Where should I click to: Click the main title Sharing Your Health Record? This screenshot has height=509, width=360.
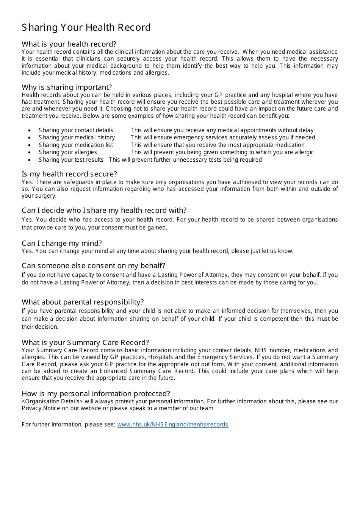[86, 28]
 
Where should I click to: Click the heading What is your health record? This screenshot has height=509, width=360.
[69, 44]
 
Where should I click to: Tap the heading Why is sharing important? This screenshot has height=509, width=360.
[67, 87]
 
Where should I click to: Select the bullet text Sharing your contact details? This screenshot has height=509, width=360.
[76, 130]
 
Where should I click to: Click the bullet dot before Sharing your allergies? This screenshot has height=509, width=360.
[30, 153]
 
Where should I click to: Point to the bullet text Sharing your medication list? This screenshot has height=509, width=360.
[76, 145]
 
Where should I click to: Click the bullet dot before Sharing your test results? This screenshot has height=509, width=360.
[30, 160]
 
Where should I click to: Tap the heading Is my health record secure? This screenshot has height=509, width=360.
[69, 174]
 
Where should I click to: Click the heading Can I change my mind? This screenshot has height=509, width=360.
[62, 244]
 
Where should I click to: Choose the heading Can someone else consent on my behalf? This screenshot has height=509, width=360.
[94, 266]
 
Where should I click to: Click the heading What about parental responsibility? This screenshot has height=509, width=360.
[83, 302]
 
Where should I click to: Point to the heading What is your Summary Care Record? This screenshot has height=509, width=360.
[85, 343]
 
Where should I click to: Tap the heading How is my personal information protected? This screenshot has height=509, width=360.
[96, 394]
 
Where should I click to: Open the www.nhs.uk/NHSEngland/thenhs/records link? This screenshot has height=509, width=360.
[172, 425]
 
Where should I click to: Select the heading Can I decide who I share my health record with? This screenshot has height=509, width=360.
[104, 211]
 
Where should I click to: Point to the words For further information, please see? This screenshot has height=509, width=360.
[69, 425]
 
